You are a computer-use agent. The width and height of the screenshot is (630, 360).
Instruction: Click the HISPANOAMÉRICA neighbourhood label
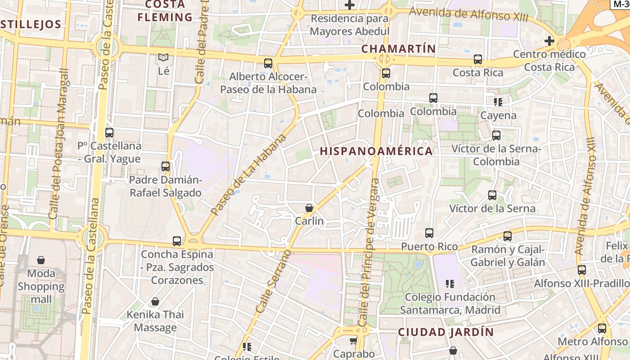click(376, 151)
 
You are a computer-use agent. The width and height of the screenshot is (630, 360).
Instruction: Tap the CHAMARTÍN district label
click(398, 49)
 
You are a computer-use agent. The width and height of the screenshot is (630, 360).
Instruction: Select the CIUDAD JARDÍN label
click(446, 333)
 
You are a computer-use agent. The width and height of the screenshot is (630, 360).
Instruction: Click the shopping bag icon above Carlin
click(309, 208)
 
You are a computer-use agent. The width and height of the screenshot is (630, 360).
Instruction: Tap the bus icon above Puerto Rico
click(429, 233)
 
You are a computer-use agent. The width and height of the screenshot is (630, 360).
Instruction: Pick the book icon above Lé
click(163, 58)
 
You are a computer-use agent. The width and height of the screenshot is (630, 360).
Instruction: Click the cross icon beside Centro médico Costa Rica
click(549, 41)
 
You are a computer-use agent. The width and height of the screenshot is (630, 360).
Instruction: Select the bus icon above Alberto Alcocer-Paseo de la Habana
click(268, 63)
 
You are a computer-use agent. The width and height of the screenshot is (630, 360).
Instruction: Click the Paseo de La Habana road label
click(248, 174)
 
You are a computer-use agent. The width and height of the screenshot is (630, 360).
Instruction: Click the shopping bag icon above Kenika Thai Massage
click(155, 301)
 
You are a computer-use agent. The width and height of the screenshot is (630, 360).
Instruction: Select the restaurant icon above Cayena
click(498, 102)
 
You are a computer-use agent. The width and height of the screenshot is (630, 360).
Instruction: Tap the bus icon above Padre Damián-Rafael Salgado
click(166, 166)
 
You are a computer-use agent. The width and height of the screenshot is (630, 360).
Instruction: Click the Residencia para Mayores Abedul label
click(350, 25)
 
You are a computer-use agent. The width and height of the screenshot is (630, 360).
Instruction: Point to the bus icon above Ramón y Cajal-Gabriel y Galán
click(508, 236)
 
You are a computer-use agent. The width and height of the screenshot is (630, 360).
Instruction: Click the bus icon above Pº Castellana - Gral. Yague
click(109, 133)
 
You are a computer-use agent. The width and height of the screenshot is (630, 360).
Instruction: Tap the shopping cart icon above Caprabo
click(354, 341)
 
